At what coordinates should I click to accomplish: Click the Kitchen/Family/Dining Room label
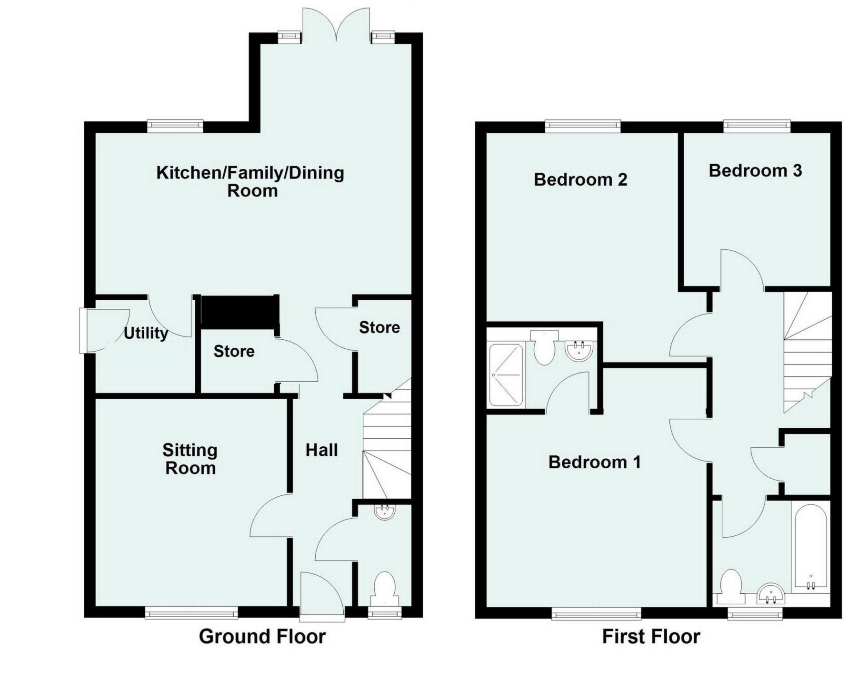250,181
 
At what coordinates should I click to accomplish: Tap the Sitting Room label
190,459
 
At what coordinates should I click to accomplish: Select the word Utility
146,333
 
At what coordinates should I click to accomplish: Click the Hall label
321,450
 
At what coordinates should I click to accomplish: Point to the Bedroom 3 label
755,170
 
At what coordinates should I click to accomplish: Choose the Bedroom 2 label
580,179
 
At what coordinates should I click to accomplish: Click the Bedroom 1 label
595,462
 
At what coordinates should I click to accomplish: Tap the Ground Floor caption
262,636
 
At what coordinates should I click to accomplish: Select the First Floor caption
651,636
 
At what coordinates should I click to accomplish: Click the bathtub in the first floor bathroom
810,547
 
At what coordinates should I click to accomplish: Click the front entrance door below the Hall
321,596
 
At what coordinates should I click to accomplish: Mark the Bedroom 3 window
757,126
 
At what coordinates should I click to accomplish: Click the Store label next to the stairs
379,327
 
